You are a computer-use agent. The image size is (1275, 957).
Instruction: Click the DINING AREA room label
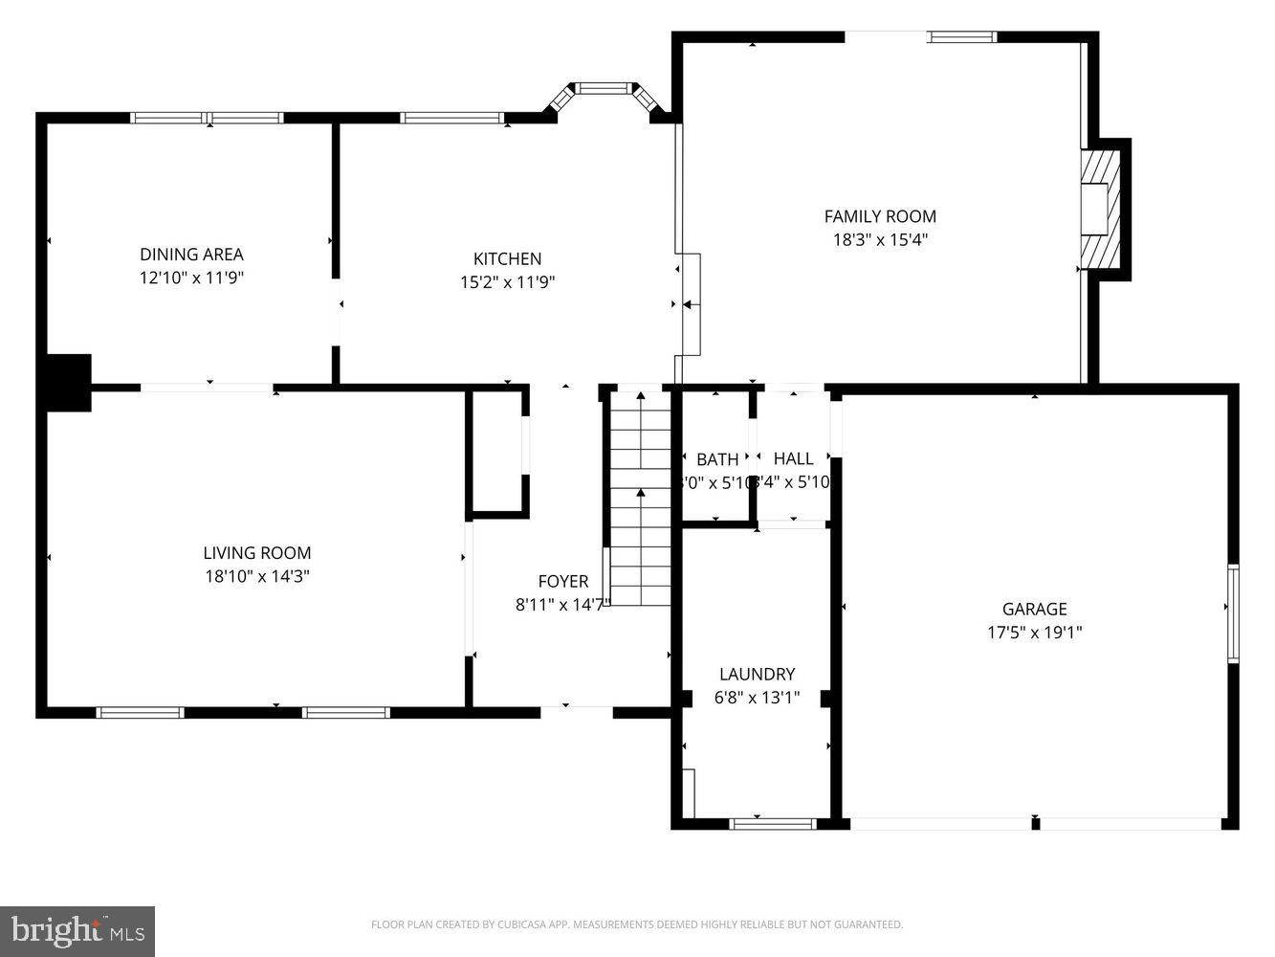coord(191,255)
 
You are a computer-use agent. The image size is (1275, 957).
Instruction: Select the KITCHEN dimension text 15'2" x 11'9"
coord(507,282)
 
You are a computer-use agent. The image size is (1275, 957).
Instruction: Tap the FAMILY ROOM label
coord(880,216)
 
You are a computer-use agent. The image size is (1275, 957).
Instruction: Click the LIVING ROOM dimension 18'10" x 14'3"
coord(256,576)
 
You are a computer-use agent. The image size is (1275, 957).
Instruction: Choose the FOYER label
coord(562,581)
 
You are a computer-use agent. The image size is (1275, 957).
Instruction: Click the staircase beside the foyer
coord(640,498)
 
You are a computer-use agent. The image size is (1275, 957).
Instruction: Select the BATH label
coord(716,459)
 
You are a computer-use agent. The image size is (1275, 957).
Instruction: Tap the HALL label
coord(793,458)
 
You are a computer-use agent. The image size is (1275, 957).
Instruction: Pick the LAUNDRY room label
coord(757,674)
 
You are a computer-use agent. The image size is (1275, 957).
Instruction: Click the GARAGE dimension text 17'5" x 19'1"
coord(1034,633)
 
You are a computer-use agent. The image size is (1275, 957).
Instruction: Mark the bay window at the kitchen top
coord(605,89)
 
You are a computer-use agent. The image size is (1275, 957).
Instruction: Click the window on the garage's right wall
coord(1233,613)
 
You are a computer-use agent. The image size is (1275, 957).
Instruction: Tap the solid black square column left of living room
coord(68,382)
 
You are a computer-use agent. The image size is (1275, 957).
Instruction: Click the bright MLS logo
coord(77,929)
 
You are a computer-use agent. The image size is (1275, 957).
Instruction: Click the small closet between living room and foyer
coord(497,452)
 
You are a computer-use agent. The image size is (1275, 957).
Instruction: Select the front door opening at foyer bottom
coord(576,709)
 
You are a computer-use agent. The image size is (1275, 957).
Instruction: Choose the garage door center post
coord(1035,823)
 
